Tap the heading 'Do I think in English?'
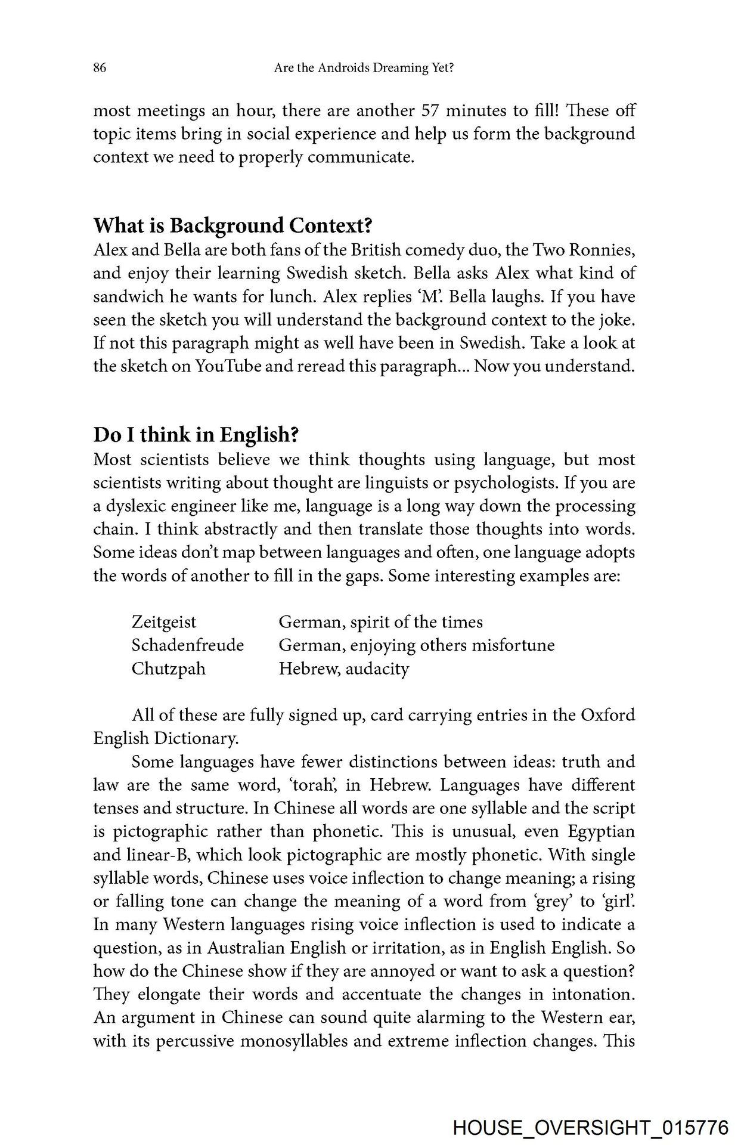tap(195, 435)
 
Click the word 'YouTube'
tap(228, 366)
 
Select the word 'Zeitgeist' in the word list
tap(164, 622)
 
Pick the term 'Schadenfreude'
tap(188, 645)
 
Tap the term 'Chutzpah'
tap(169, 669)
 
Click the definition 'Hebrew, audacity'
tap(344, 669)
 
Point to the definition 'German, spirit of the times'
tap(381, 622)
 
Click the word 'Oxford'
tap(608, 715)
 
